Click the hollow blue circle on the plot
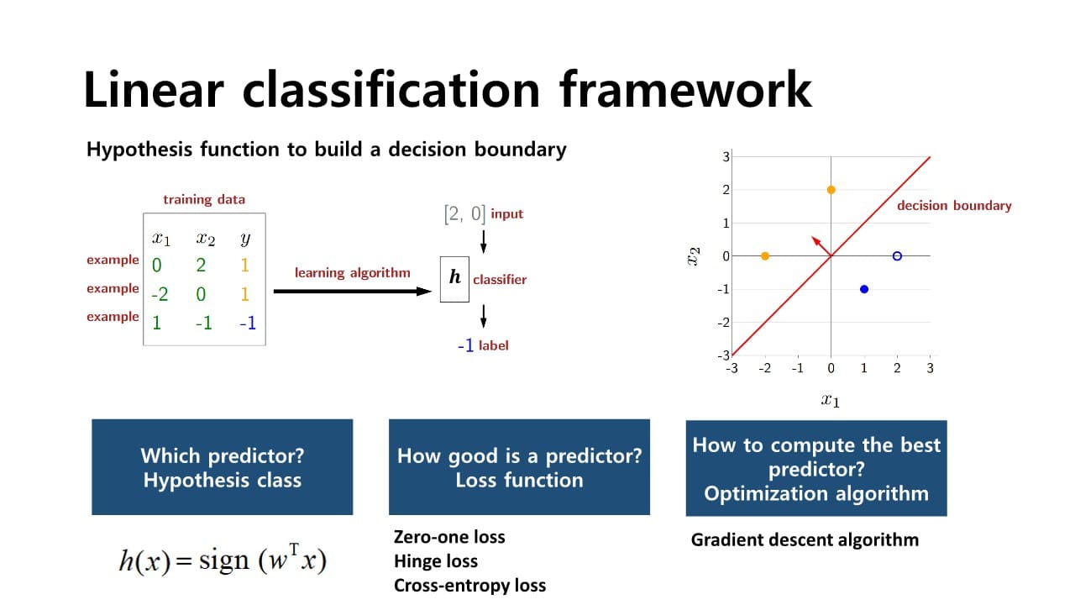click(x=897, y=255)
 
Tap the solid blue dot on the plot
click(x=864, y=289)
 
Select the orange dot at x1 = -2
click(x=764, y=255)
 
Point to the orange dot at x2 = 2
click(x=831, y=190)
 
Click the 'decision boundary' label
click(x=954, y=206)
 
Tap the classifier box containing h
click(x=454, y=278)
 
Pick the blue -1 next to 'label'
click(x=465, y=345)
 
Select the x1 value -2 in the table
click(x=160, y=295)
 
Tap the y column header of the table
click(x=245, y=239)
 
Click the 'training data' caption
click(x=204, y=199)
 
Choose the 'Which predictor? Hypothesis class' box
click(x=223, y=467)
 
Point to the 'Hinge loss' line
click(x=436, y=561)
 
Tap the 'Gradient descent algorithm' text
click(x=805, y=539)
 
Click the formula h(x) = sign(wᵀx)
click(x=222, y=560)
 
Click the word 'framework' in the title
click(x=685, y=90)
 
